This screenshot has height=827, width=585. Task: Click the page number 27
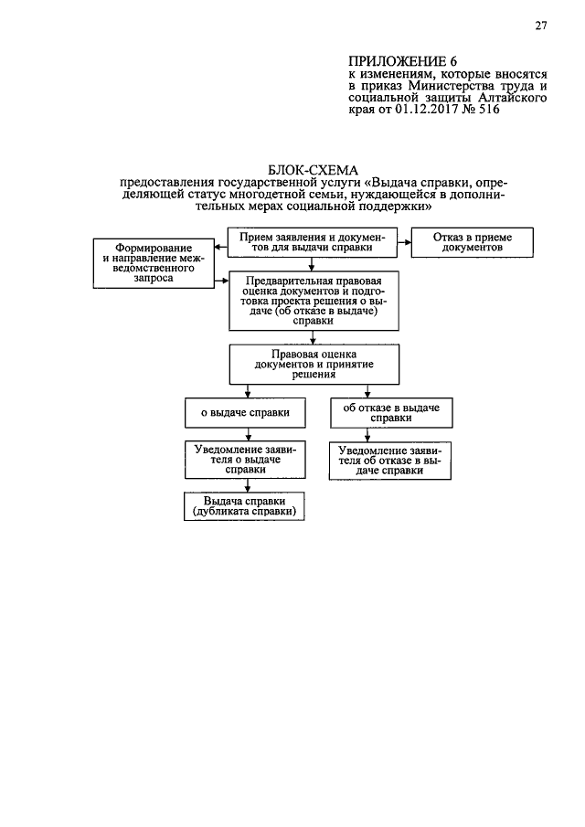[x=541, y=26]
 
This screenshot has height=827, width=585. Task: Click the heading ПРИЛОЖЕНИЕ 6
[x=402, y=61]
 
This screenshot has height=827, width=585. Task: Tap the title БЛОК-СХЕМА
[x=313, y=170]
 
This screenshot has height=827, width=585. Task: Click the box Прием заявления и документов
[x=313, y=242]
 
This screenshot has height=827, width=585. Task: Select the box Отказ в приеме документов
[x=473, y=242]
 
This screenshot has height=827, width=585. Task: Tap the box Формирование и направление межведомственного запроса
[x=154, y=263]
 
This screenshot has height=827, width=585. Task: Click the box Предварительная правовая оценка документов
[x=314, y=301]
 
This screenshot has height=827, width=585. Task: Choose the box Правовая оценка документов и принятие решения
[x=314, y=365]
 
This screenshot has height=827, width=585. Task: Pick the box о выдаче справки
[x=245, y=412]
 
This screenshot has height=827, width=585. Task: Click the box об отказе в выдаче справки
[x=391, y=412]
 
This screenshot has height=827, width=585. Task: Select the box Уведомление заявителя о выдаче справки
[x=245, y=460]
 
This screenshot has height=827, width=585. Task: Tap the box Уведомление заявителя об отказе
[x=390, y=461]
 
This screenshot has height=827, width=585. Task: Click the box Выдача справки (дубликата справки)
[x=244, y=506]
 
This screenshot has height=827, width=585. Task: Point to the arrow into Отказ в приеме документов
[x=404, y=242]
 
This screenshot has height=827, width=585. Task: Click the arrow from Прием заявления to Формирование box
[x=221, y=247]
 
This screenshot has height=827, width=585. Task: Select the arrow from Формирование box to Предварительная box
[x=221, y=281]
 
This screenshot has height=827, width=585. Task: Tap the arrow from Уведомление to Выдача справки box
[x=248, y=486]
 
